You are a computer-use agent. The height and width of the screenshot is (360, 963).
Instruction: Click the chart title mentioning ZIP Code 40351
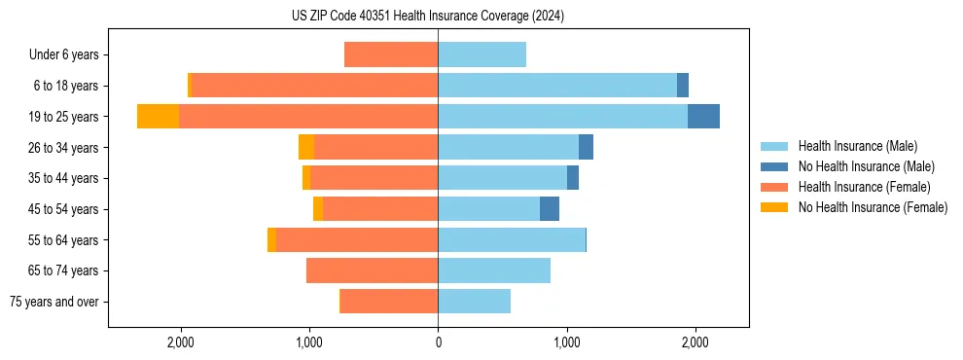(428, 17)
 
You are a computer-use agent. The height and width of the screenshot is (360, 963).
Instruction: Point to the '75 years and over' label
(54, 302)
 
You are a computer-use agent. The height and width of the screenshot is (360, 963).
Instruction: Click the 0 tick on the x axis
(438, 342)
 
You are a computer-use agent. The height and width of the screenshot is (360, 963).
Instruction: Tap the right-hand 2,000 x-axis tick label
(695, 342)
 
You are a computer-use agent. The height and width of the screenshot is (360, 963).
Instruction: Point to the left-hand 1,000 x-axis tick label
(309, 342)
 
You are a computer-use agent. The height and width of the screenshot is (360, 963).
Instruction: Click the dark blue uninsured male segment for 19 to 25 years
(703, 117)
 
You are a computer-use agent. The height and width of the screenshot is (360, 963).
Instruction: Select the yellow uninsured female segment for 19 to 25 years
(158, 117)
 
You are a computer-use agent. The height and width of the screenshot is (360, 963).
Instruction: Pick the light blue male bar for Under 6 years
(481, 54)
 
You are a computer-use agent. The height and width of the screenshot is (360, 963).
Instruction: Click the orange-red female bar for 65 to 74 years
(372, 270)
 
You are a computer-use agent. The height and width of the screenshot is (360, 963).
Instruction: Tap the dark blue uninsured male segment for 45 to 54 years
(550, 209)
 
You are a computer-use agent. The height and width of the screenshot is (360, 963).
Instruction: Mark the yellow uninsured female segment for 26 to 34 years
(306, 147)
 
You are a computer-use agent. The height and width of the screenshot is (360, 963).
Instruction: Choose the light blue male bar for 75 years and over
(474, 302)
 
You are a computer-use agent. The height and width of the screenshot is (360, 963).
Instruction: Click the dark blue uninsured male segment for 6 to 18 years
(683, 86)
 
